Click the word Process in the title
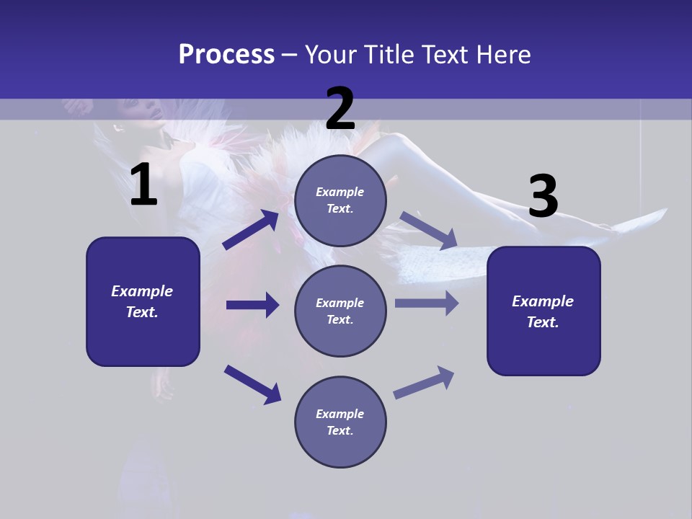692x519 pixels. click(226, 54)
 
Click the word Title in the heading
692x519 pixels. click(388, 54)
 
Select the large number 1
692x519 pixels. click(143, 185)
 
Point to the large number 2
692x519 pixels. click(340, 109)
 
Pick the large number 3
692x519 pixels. click(543, 196)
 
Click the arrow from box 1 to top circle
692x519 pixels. click(250, 230)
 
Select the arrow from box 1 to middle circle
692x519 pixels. click(252, 305)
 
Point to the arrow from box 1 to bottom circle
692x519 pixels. click(252, 384)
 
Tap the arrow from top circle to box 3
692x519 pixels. click(428, 231)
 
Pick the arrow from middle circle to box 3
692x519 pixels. click(426, 303)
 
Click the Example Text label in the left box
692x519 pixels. click(142, 301)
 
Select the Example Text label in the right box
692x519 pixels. click(543, 311)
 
